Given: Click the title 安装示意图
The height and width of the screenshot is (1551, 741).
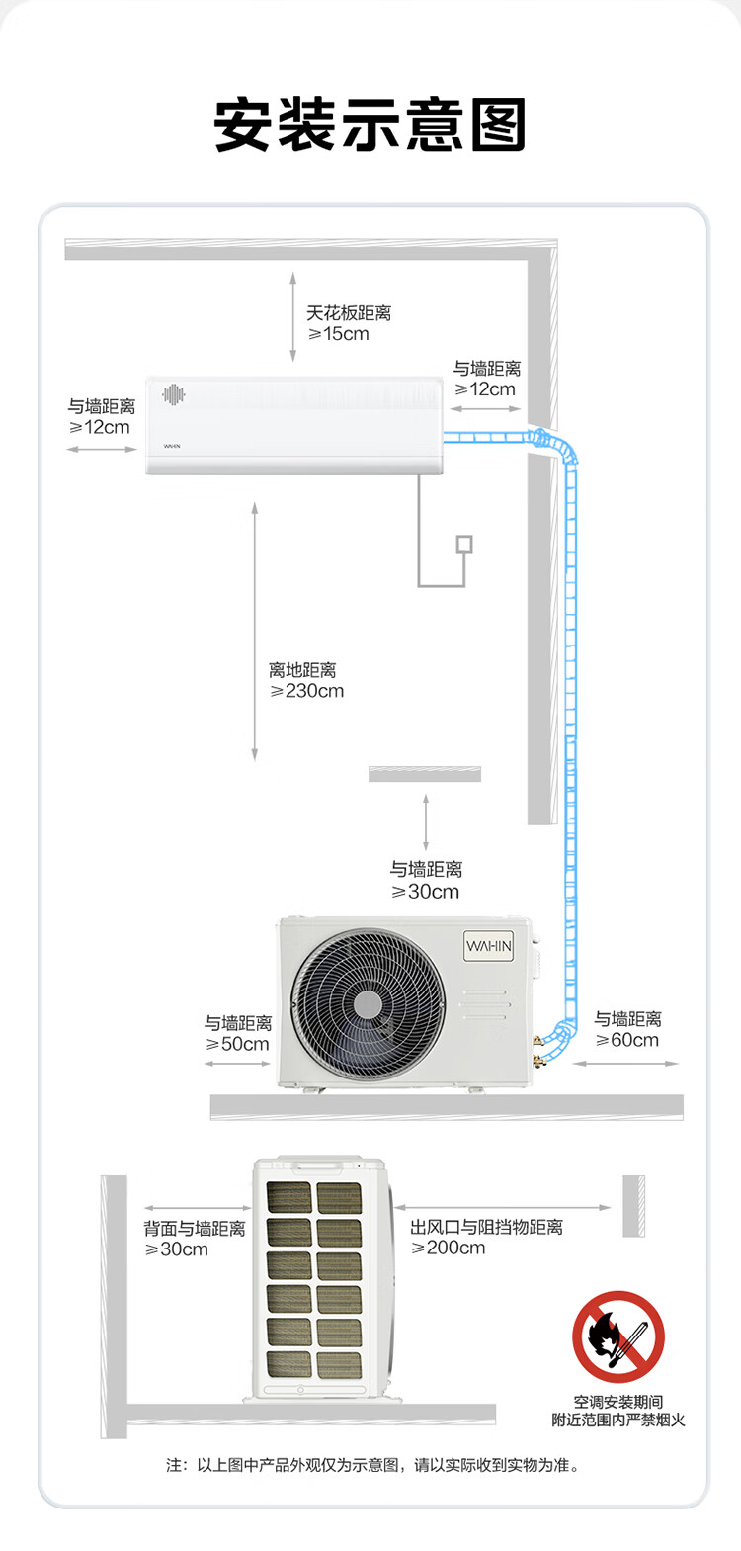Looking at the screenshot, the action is (370, 125).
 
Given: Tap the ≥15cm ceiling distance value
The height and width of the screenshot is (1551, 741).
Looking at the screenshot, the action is (338, 334).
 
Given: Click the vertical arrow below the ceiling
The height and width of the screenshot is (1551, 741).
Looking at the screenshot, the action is (292, 316).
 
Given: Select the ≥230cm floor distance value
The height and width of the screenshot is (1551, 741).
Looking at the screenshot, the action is (306, 691).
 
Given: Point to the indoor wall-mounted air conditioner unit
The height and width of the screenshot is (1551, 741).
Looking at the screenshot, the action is (294, 425).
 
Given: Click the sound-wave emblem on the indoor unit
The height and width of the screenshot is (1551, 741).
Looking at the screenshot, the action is (174, 394).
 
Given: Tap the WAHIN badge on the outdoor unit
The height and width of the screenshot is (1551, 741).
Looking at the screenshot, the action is (488, 946).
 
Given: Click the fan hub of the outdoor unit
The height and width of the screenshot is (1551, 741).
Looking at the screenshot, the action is (368, 1004).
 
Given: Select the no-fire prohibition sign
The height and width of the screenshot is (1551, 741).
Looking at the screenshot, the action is (617, 1336).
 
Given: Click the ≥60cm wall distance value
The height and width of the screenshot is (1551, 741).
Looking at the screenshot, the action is (626, 1040).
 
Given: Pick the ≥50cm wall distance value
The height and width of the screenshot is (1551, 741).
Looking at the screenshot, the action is (237, 1044).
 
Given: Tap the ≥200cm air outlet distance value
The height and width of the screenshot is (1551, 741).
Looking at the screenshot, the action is (449, 1248).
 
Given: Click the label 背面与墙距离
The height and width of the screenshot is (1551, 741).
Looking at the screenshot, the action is (195, 1229).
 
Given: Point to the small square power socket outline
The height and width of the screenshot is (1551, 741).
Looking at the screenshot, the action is (465, 544).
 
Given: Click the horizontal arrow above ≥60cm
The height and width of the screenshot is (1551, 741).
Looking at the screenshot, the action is (625, 1064).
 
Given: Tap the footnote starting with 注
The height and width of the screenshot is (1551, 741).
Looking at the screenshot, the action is (372, 1465).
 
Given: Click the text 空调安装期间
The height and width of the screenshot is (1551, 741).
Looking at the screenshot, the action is (617, 1402).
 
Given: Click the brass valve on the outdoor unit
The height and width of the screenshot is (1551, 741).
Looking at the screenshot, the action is (537, 1050).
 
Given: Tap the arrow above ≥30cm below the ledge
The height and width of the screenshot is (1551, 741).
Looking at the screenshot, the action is (426, 821).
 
